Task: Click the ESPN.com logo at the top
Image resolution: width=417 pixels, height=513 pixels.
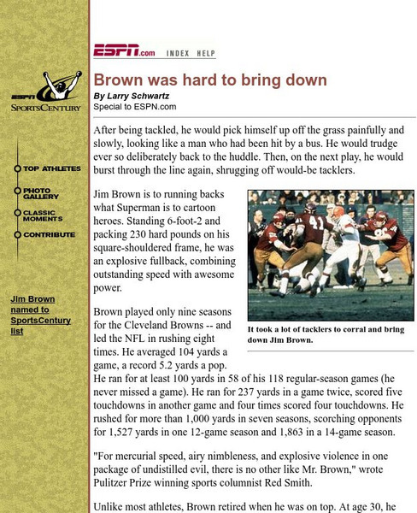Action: tap(124, 51)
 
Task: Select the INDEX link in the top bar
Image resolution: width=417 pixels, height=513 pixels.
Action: tap(178, 53)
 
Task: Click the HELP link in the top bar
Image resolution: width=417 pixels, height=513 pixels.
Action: tap(206, 53)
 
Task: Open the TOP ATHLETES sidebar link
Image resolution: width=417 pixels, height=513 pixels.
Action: tap(51, 168)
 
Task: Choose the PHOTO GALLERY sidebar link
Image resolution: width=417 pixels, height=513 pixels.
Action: tap(42, 194)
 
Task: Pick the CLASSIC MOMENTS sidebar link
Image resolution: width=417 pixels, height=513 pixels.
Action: tap(44, 215)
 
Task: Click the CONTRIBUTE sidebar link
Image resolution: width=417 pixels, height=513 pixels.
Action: tap(48, 234)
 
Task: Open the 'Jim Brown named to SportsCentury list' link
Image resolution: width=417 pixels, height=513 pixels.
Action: tap(40, 315)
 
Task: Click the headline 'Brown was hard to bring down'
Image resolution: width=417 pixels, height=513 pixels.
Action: tap(210, 80)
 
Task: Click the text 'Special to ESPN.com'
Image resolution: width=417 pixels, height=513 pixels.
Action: tap(135, 107)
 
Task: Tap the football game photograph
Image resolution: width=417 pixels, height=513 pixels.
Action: tap(330, 256)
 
